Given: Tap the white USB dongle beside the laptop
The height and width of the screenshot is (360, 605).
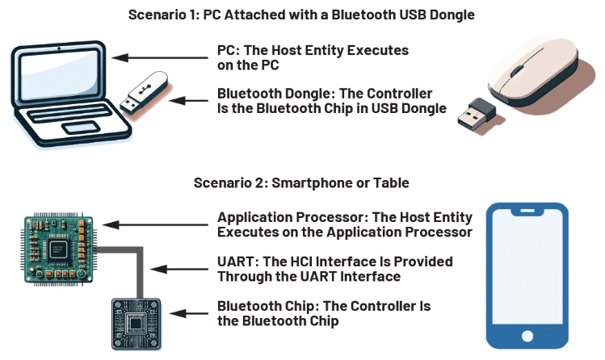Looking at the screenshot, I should coord(145,93).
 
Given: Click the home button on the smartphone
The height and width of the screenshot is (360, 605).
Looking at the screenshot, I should coord(527,336).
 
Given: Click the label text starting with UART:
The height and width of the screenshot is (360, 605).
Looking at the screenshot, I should coord(334,269).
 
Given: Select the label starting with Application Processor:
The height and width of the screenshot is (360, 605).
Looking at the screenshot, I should coord(344,224).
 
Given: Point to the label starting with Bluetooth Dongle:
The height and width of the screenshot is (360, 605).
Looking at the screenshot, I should coord(331,101).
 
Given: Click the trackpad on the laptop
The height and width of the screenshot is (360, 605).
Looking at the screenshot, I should coord(81,128).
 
